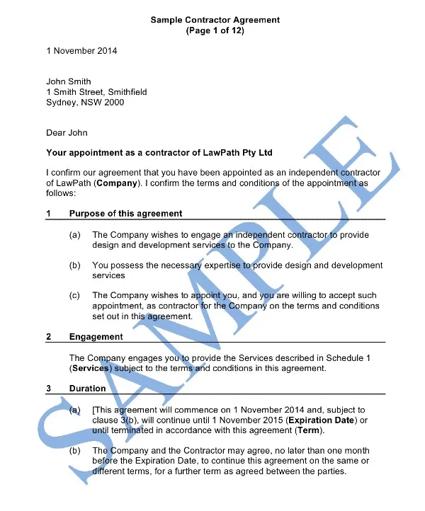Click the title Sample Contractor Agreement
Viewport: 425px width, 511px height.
pyautogui.click(x=215, y=20)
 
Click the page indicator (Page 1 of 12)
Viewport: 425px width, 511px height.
pyautogui.click(x=215, y=31)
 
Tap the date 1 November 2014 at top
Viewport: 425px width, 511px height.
pyautogui.click(x=81, y=51)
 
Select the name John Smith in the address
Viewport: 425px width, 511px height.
pyautogui.click(x=69, y=81)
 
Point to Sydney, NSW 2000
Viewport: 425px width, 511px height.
pyautogui.click(x=84, y=103)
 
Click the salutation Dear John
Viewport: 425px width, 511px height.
pyautogui.click(x=67, y=132)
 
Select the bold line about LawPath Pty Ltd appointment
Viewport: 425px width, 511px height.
pyautogui.click(x=159, y=153)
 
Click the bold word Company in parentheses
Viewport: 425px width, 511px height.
pyautogui.click(x=117, y=183)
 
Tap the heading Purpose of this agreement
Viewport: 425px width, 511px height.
pyautogui.click(x=125, y=214)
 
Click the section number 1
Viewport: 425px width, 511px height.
pyautogui.click(x=49, y=214)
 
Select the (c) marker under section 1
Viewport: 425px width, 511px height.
pyautogui.click(x=74, y=296)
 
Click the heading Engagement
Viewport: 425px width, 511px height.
pyautogui.click(x=96, y=337)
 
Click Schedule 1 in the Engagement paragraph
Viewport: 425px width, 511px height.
pyautogui.click(x=363, y=358)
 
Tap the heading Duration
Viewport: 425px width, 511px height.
pyautogui.click(x=87, y=389)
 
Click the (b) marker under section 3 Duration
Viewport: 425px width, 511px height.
pyautogui.click(x=74, y=451)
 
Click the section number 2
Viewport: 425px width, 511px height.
pyautogui.click(x=49, y=337)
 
